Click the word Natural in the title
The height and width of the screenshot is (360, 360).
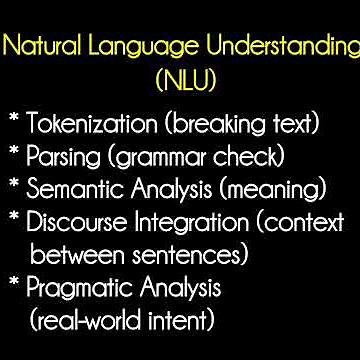[x=39, y=46]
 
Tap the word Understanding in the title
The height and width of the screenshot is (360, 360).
[x=271, y=46]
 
